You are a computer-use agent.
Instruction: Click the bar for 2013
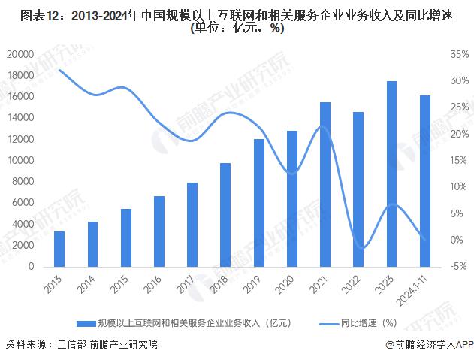59,249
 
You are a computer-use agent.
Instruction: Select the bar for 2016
159,231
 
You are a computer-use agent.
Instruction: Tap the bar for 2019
258,203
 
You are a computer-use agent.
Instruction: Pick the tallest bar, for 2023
391,174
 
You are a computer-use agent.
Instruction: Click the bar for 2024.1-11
424,181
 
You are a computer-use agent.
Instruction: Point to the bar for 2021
325,184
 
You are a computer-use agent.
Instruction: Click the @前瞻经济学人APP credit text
429,345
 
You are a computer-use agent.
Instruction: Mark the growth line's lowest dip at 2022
363,248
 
